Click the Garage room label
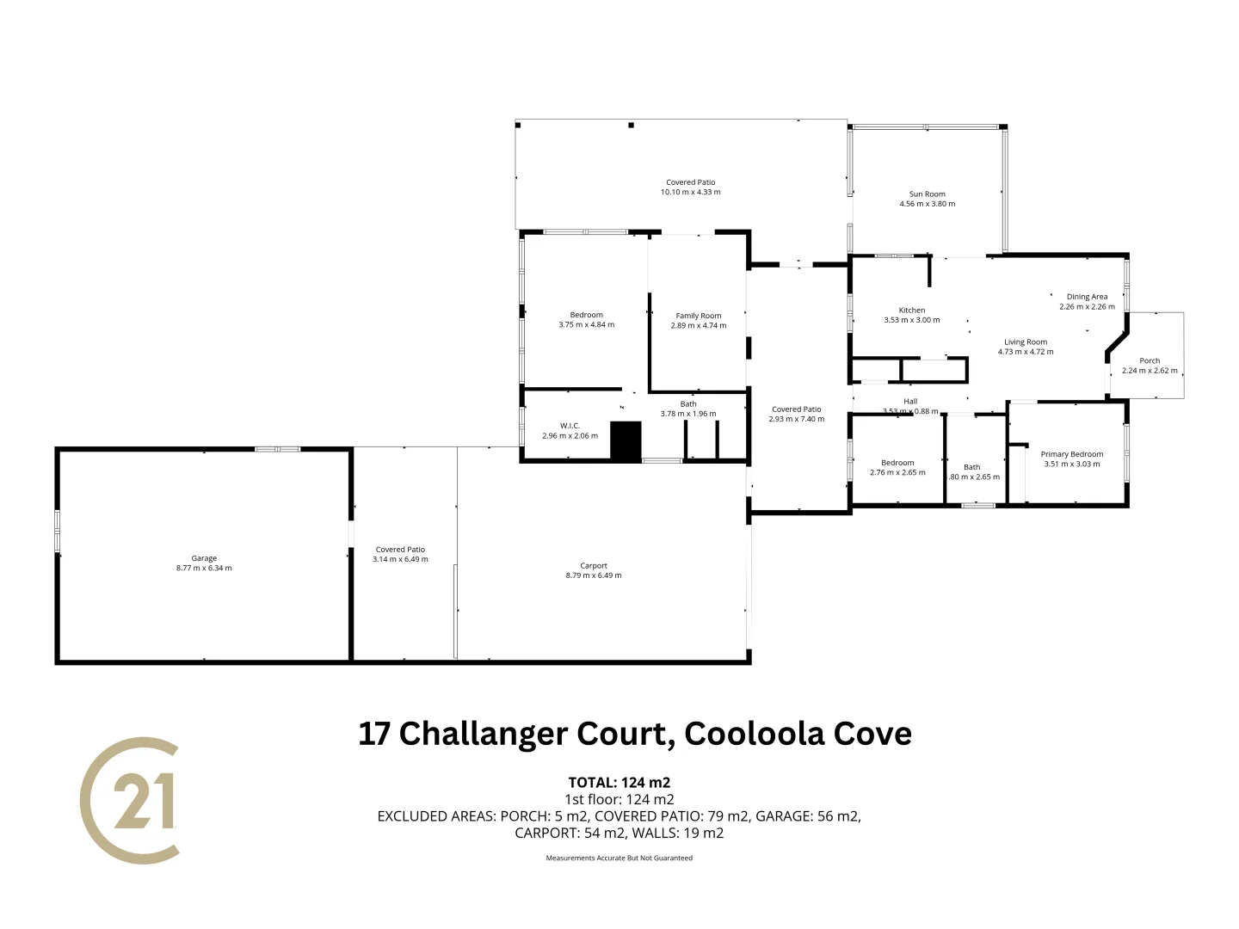point(204,558)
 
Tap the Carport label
point(594,566)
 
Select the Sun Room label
point(928,194)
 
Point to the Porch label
point(1150,361)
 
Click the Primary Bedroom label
point(1072,454)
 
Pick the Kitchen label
point(912,311)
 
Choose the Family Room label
point(699,316)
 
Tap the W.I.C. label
point(570,426)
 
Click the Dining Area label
point(1088,297)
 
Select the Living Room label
point(1026,342)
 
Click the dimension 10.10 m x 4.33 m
point(691,192)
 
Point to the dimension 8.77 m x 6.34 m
point(204,568)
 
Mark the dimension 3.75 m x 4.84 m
point(587,325)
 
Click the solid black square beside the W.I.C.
point(626,440)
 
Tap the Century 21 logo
point(131,800)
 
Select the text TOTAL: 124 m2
point(619,783)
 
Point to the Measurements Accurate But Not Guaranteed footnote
point(619,858)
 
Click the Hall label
point(910,402)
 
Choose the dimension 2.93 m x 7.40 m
point(797,419)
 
